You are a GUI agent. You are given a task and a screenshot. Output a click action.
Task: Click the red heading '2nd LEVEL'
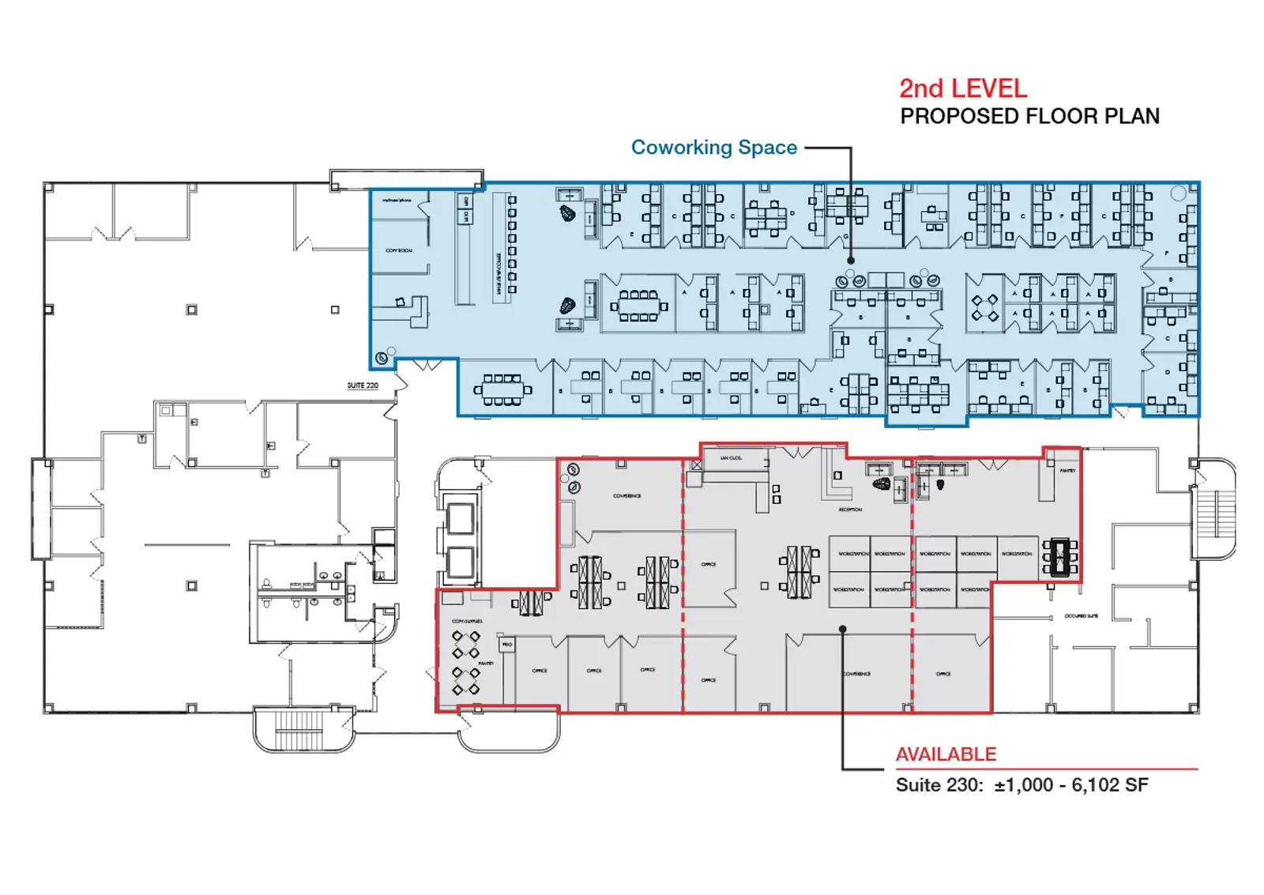[963, 88]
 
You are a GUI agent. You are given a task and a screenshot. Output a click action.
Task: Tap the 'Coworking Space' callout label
[713, 148]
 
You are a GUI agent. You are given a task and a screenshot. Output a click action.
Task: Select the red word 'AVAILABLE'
[946, 754]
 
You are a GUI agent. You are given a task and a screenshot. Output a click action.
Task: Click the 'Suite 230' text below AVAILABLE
[939, 785]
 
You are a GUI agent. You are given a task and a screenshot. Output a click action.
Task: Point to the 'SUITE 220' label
[363, 385]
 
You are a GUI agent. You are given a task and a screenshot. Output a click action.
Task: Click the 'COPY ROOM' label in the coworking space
[399, 250]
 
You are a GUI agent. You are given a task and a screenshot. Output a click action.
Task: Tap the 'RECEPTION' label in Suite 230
[850, 510]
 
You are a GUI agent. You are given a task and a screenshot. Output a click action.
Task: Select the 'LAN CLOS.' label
[731, 458]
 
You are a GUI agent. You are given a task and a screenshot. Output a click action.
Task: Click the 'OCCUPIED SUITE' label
[1081, 616]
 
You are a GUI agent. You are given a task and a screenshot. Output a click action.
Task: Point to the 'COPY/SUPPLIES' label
[467, 622]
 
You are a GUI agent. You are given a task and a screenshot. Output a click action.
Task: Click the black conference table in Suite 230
[1060, 557]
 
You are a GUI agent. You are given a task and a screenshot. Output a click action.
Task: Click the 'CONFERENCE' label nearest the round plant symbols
[626, 496]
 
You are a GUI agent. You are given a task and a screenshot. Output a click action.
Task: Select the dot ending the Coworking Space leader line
[851, 260]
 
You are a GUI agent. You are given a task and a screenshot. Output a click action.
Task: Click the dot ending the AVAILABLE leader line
[843, 630]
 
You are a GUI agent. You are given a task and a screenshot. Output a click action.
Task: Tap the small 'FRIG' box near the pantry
[507, 645]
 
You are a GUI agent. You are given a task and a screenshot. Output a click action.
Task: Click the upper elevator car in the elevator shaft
[460, 518]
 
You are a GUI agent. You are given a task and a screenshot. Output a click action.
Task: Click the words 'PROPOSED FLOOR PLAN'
[1029, 117]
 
